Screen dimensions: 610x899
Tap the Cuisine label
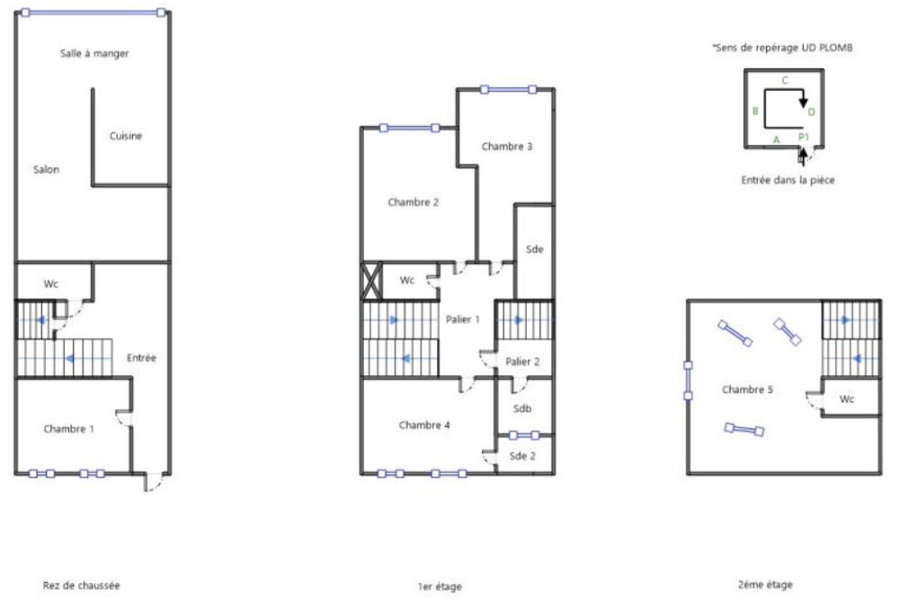126,137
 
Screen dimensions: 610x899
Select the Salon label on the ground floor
46,169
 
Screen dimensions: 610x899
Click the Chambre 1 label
68,429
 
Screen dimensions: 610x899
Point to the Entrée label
142,358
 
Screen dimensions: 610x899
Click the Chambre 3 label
506,146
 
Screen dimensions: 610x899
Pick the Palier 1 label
463,318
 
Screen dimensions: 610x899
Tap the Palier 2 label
522,361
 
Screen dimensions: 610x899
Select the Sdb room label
522,408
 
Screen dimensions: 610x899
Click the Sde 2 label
522,456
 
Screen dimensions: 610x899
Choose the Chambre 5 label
747,390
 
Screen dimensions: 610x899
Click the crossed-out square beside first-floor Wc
371,280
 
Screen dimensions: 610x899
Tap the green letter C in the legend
784,80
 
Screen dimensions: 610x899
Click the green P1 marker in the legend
805,137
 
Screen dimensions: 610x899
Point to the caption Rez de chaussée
81,585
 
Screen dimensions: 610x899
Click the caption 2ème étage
764,585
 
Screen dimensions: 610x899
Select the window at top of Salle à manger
93,13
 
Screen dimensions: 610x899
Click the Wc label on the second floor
847,398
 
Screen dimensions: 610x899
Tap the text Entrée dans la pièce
788,180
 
